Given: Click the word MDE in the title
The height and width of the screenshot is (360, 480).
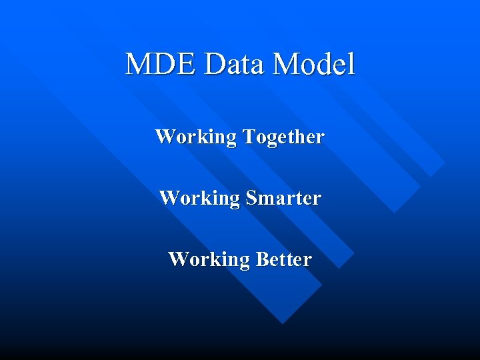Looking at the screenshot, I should click(162, 65).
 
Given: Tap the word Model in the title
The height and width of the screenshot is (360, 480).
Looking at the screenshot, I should click(314, 65).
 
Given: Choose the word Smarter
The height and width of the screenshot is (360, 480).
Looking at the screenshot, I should click(283, 199).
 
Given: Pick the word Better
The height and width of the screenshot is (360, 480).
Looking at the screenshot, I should click(283, 259).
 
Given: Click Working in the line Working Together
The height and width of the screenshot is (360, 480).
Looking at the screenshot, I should click(196, 138).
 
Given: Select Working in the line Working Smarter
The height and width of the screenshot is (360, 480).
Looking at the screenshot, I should click(199, 199).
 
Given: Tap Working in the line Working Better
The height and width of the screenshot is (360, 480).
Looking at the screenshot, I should click(209, 259).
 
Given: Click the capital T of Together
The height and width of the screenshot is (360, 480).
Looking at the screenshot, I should click(248, 137).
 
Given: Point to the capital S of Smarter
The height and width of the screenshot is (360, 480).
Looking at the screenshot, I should click(251, 198).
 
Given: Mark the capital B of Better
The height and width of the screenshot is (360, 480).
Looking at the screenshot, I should click(261, 259).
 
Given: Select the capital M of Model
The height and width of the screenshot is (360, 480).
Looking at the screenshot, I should click(286, 65).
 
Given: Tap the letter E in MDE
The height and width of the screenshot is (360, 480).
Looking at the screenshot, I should click(189, 65).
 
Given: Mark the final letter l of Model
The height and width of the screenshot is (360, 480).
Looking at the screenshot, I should click(351, 64).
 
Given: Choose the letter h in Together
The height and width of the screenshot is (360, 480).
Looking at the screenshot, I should click(298, 137).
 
